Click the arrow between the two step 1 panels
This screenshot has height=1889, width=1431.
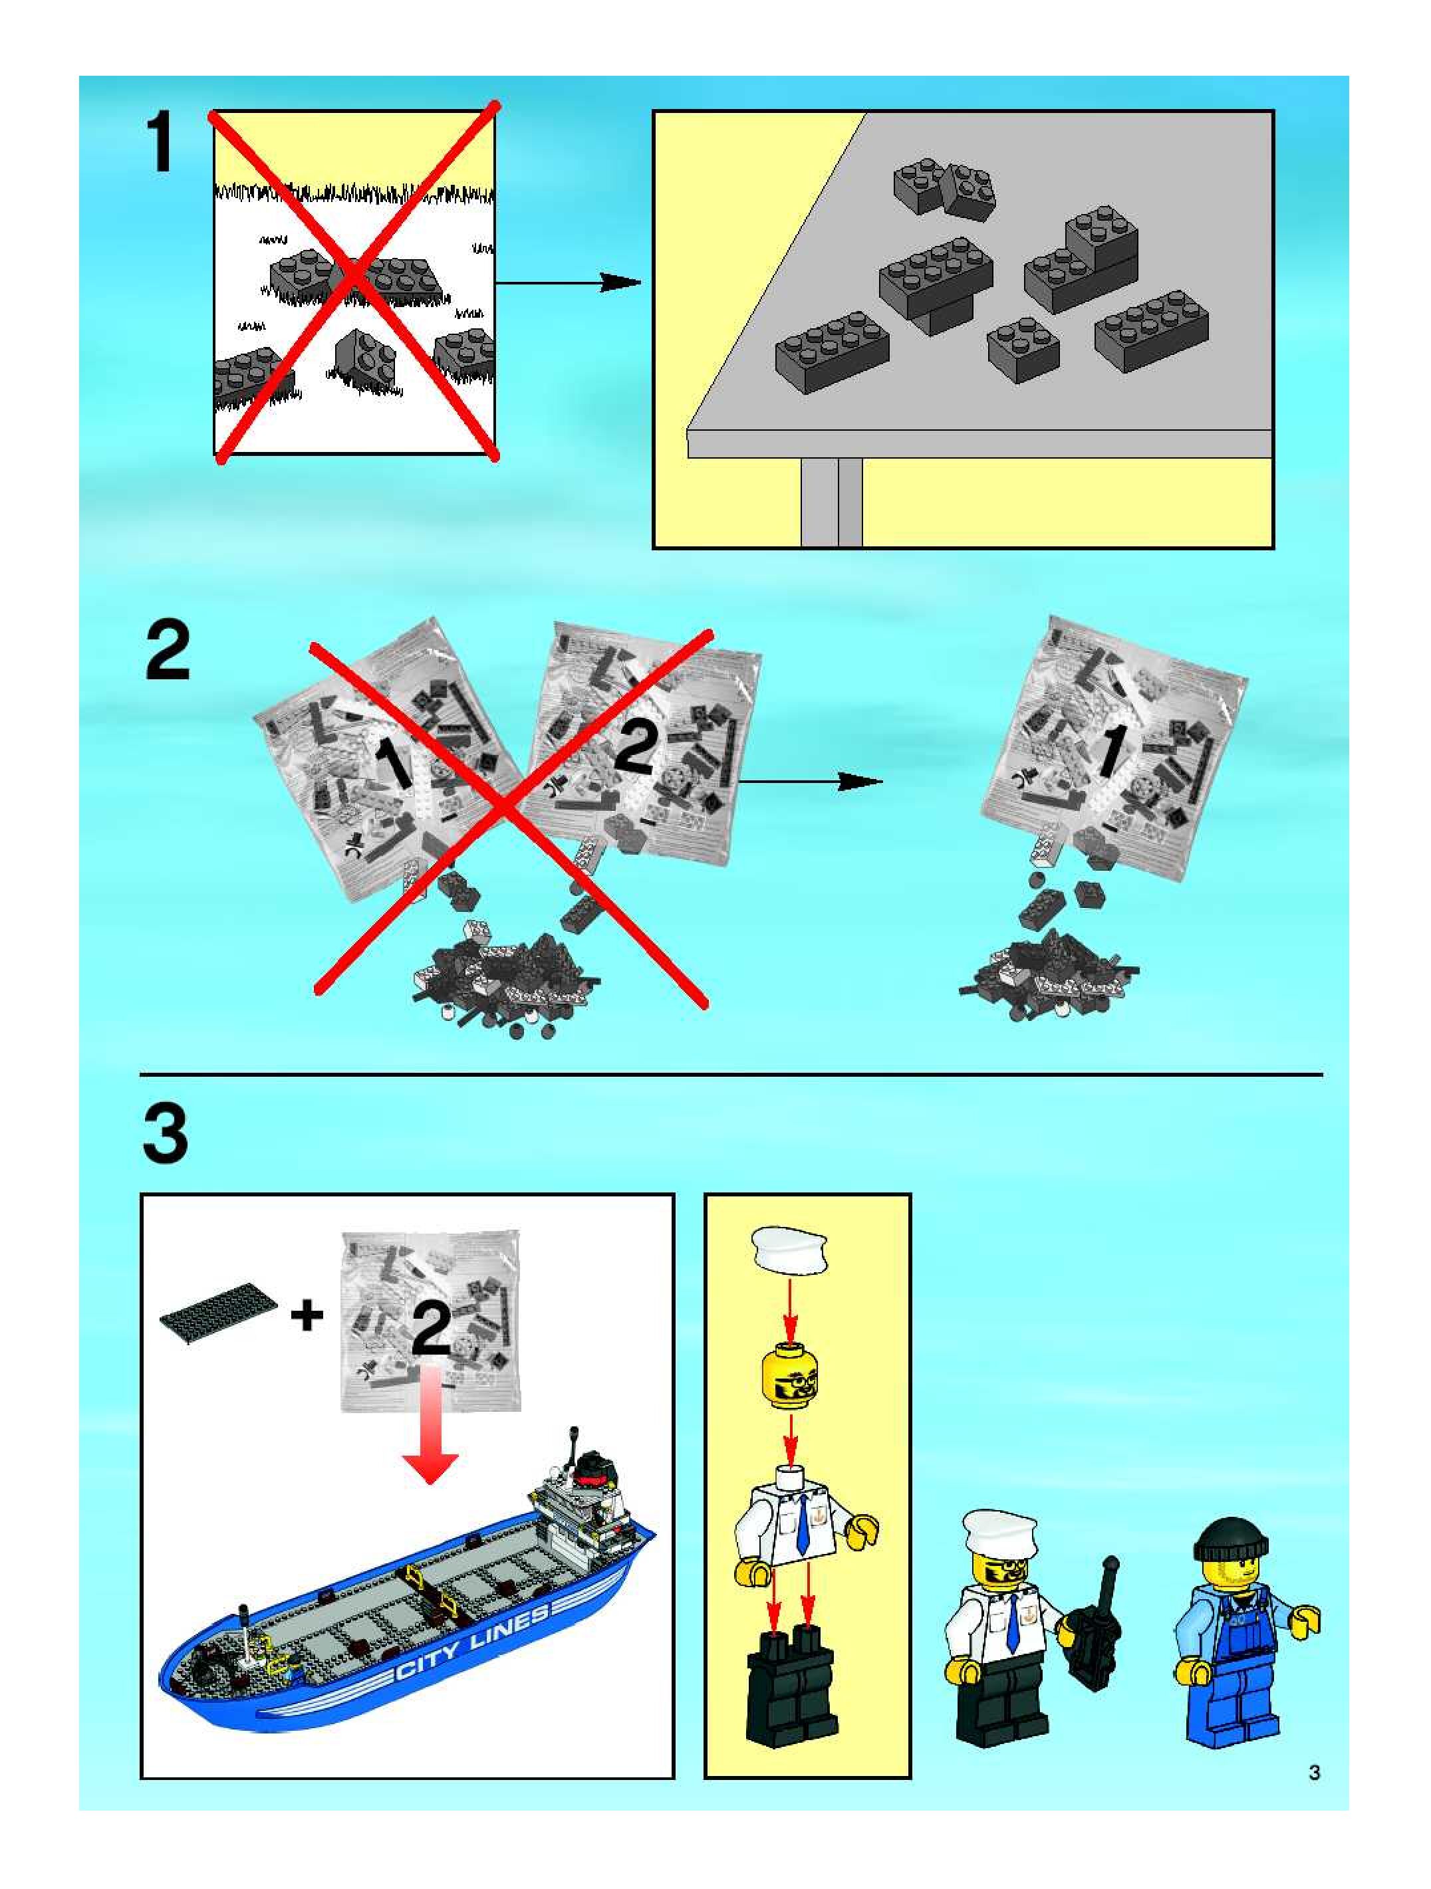point(568,282)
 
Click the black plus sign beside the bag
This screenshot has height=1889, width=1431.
point(307,1316)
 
